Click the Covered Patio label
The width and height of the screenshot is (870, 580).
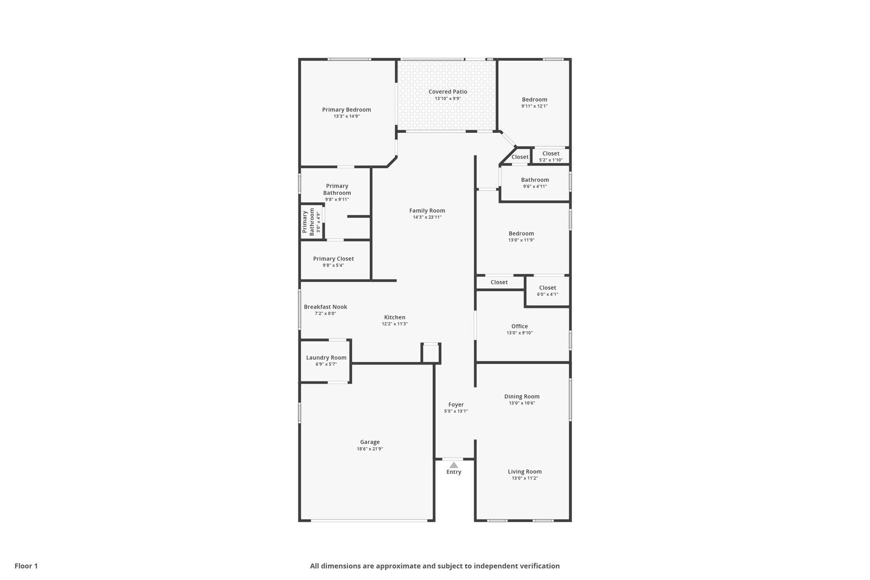coord(448,92)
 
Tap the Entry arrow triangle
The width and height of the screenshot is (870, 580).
coord(453,465)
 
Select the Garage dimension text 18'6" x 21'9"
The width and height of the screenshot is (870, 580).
coord(370,449)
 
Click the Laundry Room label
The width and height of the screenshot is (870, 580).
coord(326,357)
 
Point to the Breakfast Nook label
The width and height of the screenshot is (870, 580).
coord(325,307)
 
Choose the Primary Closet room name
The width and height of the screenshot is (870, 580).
coord(333,259)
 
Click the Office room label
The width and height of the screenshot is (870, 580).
coord(519,326)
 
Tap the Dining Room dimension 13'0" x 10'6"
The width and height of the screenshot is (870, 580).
coord(522,403)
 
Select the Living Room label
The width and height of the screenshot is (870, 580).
coord(525,472)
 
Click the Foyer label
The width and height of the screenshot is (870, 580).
coord(456,405)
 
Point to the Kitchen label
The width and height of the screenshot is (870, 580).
coord(395,317)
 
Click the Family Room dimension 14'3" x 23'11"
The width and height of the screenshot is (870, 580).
coord(427,217)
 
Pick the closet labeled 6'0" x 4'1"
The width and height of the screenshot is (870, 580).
coord(548,288)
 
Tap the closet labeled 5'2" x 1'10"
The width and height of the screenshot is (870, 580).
coord(551,153)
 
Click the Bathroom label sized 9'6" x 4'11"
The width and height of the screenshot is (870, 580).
coord(535,180)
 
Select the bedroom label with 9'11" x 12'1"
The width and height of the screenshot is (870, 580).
coord(535,100)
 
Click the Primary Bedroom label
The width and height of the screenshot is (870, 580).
coord(346,110)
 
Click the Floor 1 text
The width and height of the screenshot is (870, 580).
coord(26,566)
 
